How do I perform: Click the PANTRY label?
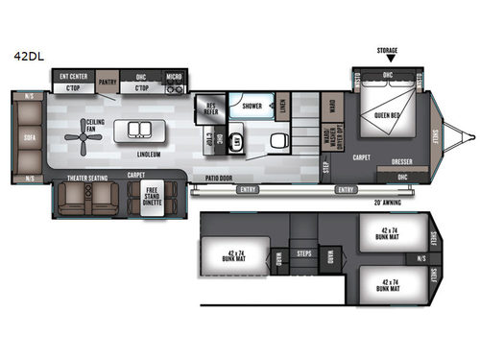[108, 83]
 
